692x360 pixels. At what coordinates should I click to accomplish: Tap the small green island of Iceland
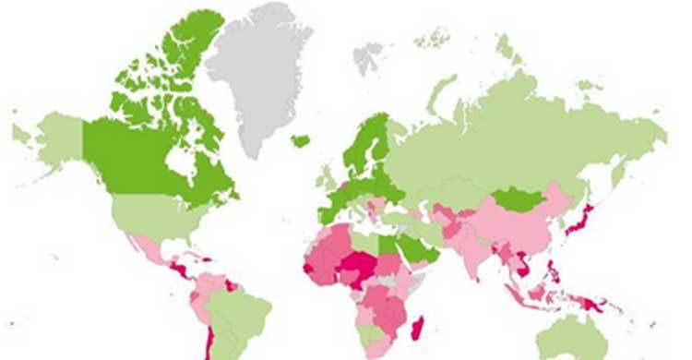coord(301,141)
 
